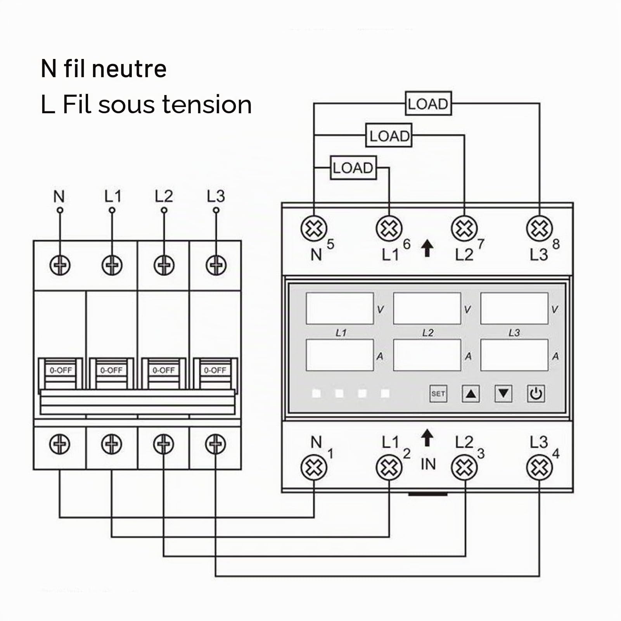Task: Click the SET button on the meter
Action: click(x=438, y=394)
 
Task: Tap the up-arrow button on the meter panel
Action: click(x=471, y=394)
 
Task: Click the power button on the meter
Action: click(x=536, y=394)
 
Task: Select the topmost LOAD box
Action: click(x=428, y=104)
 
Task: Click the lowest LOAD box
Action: click(x=353, y=168)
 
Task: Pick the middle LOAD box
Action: click(x=389, y=135)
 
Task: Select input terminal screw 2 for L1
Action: click(x=389, y=467)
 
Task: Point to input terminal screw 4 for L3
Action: click(x=539, y=467)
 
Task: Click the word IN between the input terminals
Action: click(x=428, y=464)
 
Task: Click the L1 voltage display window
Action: click(x=340, y=308)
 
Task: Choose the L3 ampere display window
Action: click(x=514, y=355)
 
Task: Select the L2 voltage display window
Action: click(x=427, y=308)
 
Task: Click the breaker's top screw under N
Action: click(x=60, y=266)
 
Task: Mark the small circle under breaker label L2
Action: click(x=164, y=210)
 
